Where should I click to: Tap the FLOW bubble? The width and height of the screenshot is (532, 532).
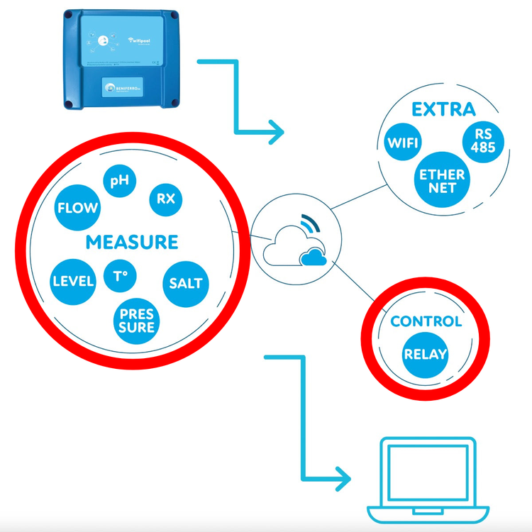pyautogui.click(x=77, y=209)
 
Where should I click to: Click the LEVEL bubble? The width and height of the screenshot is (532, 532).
pyautogui.click(x=73, y=281)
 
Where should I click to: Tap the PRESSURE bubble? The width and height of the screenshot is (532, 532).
pyautogui.click(x=137, y=320)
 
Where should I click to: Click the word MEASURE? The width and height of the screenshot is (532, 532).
pyautogui.click(x=131, y=242)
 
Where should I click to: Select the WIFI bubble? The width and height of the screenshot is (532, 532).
pyautogui.click(x=404, y=143)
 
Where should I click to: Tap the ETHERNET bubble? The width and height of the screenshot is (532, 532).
pyautogui.click(x=441, y=181)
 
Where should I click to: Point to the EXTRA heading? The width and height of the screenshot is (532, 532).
pyautogui.click(x=443, y=110)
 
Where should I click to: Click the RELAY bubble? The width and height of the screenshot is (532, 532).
pyautogui.click(x=426, y=353)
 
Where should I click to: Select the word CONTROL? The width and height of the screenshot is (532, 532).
pyautogui.click(x=426, y=321)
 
